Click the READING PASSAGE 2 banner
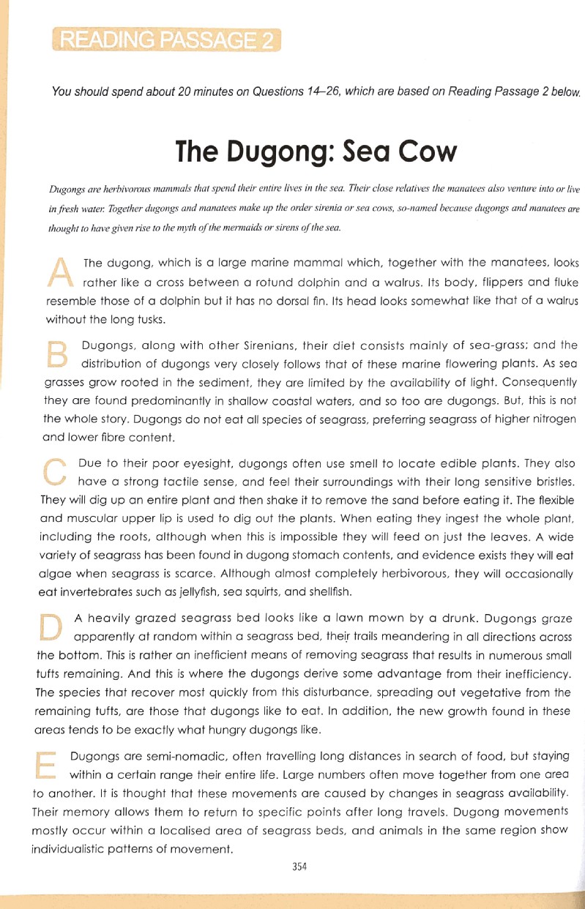[x=167, y=38]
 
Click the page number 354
[x=298, y=866]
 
